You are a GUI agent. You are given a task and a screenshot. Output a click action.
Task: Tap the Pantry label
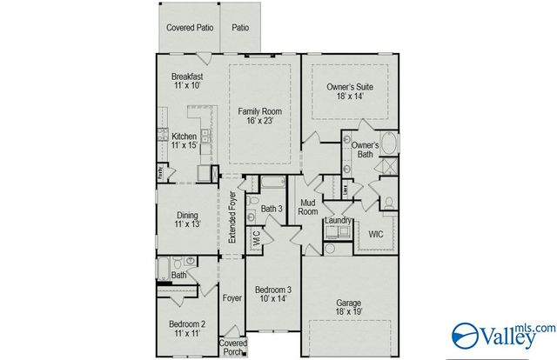pyautogui.click(x=160, y=172)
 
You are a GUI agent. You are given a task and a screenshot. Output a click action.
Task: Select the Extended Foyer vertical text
pyautogui.click(x=232, y=220)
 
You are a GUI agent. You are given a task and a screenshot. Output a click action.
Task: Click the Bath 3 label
pyautogui.click(x=272, y=209)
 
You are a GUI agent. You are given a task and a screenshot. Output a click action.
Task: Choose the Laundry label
pyautogui.click(x=338, y=221)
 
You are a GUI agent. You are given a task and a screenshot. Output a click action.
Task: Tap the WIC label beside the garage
pyautogui.click(x=376, y=234)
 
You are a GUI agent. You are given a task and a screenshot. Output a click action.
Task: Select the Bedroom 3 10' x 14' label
pyautogui.click(x=272, y=294)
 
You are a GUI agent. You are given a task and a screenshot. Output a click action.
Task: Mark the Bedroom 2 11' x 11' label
pyautogui.click(x=186, y=329)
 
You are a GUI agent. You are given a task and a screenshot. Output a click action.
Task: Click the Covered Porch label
pyautogui.click(x=232, y=348)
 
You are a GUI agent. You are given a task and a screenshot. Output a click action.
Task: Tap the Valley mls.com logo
pyautogui.click(x=503, y=334)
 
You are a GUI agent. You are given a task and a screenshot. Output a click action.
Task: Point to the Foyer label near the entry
pyautogui.click(x=232, y=298)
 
